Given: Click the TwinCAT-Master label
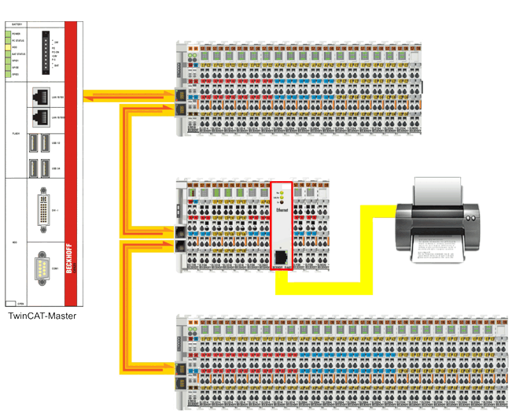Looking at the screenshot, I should (42, 316).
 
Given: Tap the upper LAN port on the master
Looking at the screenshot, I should (37, 94).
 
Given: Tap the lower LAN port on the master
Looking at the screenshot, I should (37, 118).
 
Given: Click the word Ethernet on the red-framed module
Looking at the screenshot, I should (281, 212).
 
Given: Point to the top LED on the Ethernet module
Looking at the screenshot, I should (281, 190).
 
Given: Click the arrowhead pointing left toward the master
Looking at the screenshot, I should (87, 96).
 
